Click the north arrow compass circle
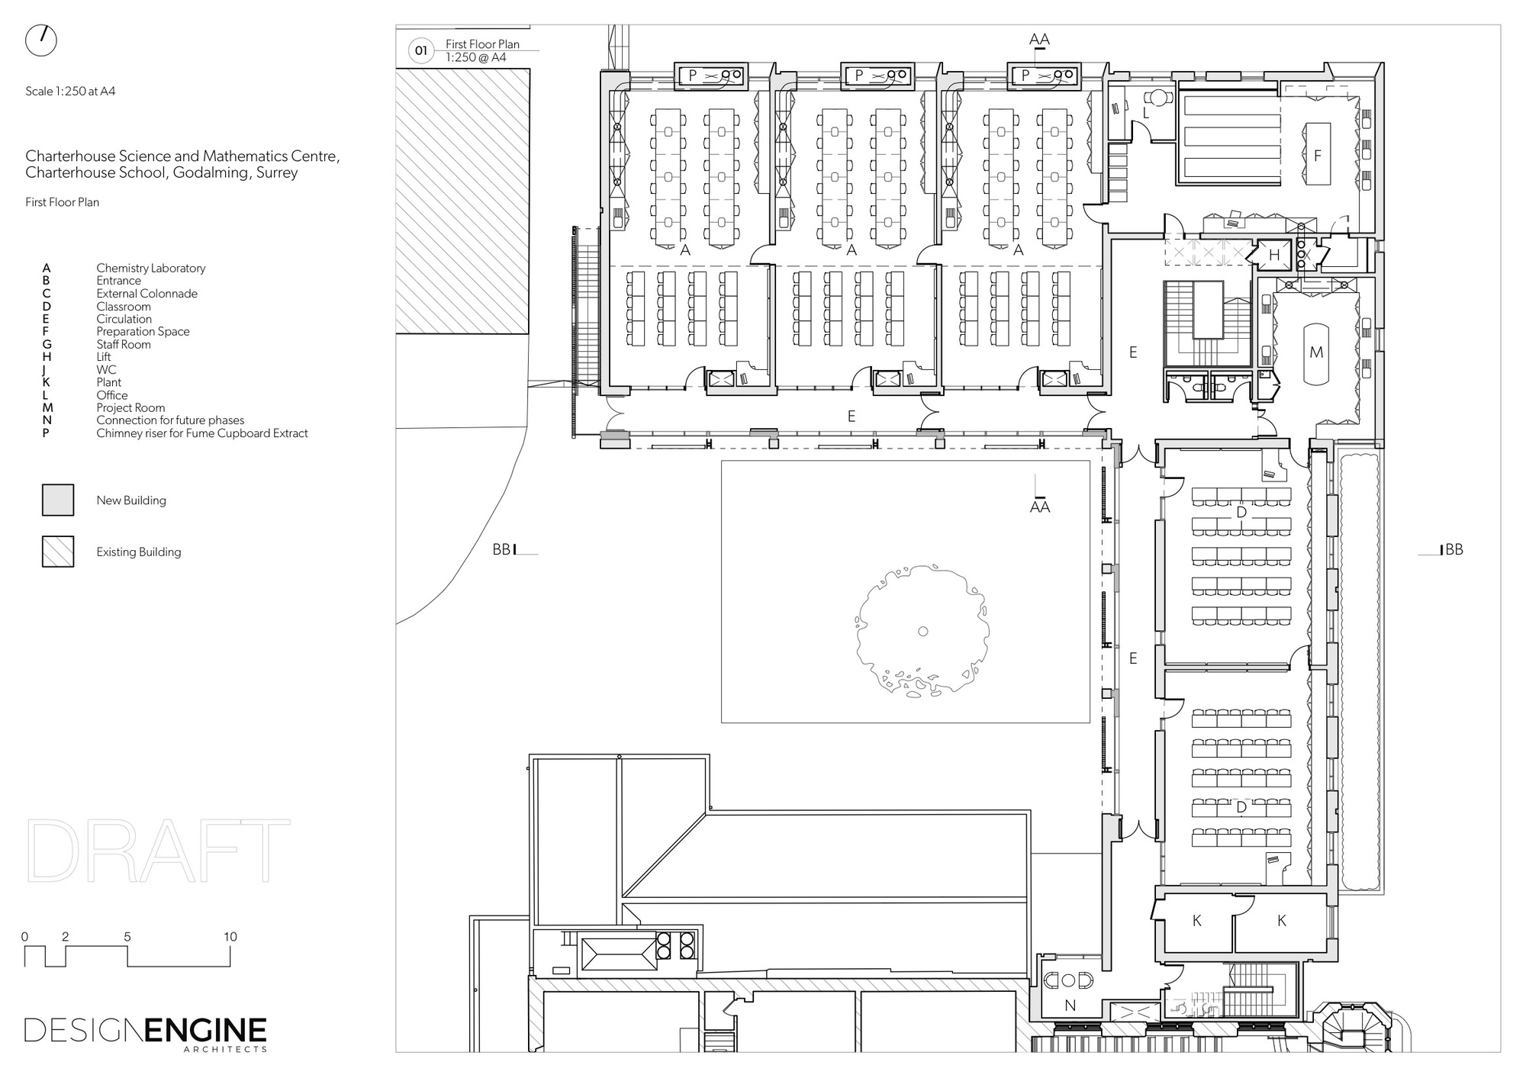pyautogui.click(x=41, y=40)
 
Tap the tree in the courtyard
pyautogui.click(x=922, y=631)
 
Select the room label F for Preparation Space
pyautogui.click(x=1317, y=156)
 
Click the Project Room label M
pyautogui.click(x=1315, y=352)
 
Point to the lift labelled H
pyautogui.click(x=1274, y=256)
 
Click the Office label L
pyautogui.click(x=1146, y=114)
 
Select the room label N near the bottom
pyautogui.click(x=1070, y=1006)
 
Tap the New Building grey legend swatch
pyautogui.click(x=58, y=500)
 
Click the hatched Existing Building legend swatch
pyautogui.click(x=58, y=552)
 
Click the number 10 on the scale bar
pyautogui.click(x=230, y=937)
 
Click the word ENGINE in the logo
pyautogui.click(x=205, y=1031)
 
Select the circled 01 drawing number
pyautogui.click(x=420, y=51)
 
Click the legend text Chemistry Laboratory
pyautogui.click(x=150, y=268)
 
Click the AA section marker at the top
pyautogui.click(x=1039, y=40)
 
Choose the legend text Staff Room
pyautogui.click(x=123, y=344)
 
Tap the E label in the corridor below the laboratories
pyautogui.click(x=852, y=417)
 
